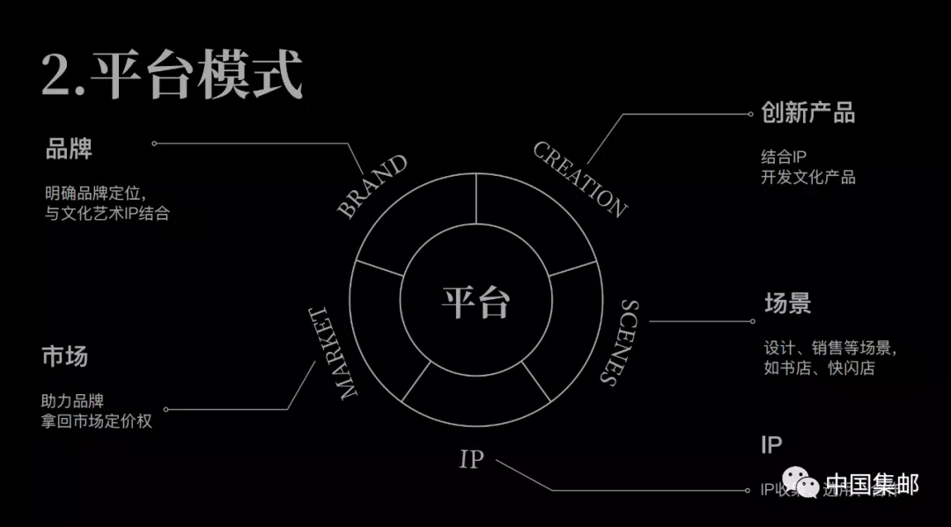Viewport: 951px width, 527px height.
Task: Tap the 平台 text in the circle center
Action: tap(475, 302)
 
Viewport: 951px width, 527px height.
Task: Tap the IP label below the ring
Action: tap(472, 459)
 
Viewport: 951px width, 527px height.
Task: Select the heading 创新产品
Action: tap(807, 113)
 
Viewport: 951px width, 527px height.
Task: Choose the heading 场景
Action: tap(787, 304)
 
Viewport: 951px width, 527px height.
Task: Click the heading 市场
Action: tap(64, 357)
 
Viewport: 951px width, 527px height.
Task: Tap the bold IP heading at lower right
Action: tap(771, 444)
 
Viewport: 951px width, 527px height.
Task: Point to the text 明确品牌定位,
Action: tap(95, 192)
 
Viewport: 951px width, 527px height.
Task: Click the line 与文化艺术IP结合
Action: tap(107, 213)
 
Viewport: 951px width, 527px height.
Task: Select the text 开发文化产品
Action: tap(807, 178)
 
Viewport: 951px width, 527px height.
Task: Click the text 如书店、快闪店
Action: tap(819, 369)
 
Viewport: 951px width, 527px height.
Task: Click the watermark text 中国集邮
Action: tap(871, 484)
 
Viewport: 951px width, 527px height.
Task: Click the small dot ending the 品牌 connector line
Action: tap(154, 143)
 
